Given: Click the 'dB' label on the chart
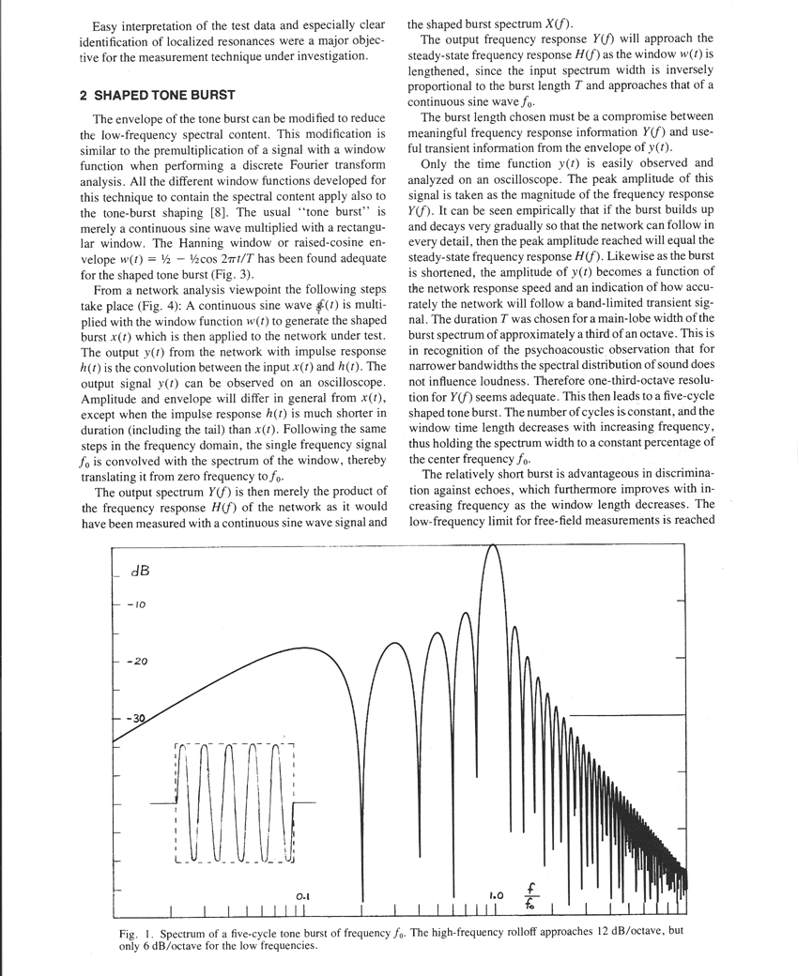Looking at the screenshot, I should point(141,572).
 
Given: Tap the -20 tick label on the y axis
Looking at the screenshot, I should point(138,662).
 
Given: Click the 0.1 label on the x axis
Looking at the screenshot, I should point(302,896).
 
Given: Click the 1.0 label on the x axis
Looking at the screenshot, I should point(497,895).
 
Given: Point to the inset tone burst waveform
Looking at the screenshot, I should point(235,802).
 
